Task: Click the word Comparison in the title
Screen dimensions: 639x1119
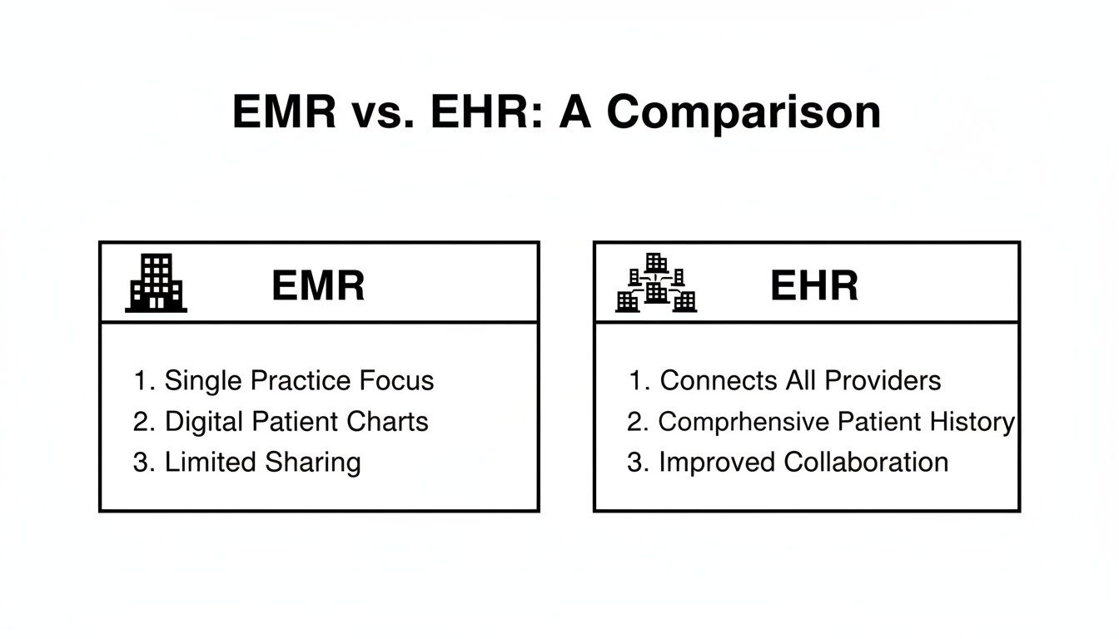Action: point(744,112)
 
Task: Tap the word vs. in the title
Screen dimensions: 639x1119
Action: point(384,112)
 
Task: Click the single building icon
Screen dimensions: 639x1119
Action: point(157,283)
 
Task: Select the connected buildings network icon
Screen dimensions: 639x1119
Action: point(656,283)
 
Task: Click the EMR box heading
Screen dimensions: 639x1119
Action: point(318,286)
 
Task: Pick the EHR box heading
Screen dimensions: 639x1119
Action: point(813,286)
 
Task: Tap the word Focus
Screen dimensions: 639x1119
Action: point(396,381)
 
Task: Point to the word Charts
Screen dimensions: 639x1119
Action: point(390,422)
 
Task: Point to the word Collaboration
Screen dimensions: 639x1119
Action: point(866,463)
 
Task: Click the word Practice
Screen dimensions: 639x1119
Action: point(301,381)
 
